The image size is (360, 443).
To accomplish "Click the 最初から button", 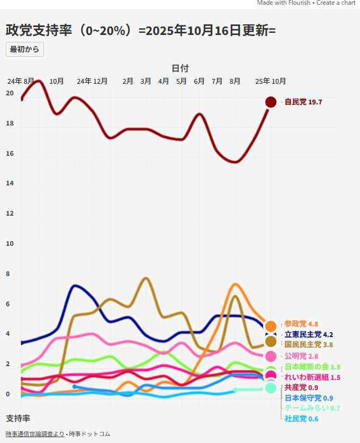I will pyautogui.click(x=24, y=49).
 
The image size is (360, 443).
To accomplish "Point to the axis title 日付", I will pyautogui.click(x=180, y=68).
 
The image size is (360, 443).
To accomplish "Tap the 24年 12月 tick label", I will pyautogui.click(x=92, y=82).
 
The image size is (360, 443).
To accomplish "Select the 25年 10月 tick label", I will pyautogui.click(x=271, y=82).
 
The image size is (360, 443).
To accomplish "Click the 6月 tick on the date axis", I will pyautogui.click(x=199, y=82).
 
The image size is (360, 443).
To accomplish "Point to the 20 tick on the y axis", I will pyautogui.click(x=10, y=93).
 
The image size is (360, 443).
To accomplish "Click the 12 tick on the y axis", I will pyautogui.click(x=10, y=214).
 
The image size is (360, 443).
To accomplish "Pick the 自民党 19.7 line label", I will pyautogui.click(x=303, y=102).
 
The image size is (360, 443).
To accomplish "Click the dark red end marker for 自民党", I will pyautogui.click(x=271, y=102).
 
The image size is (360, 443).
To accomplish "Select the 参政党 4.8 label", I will pyautogui.click(x=301, y=324).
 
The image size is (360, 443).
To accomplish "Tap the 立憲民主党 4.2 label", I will pyautogui.click(x=309, y=334).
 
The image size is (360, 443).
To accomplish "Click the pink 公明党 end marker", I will pyautogui.click(x=271, y=356).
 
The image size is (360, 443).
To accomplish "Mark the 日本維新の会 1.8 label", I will pyautogui.click(x=312, y=367).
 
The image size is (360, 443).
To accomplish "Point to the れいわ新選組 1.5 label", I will pyautogui.click(x=312, y=377).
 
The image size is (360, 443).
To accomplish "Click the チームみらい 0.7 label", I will pyautogui.click(x=312, y=408).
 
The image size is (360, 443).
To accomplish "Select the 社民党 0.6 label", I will pyautogui.click(x=301, y=419).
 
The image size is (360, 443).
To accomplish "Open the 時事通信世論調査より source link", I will pyautogui.click(x=35, y=434).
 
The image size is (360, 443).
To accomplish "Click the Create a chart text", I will pyautogui.click(x=337, y=3).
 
